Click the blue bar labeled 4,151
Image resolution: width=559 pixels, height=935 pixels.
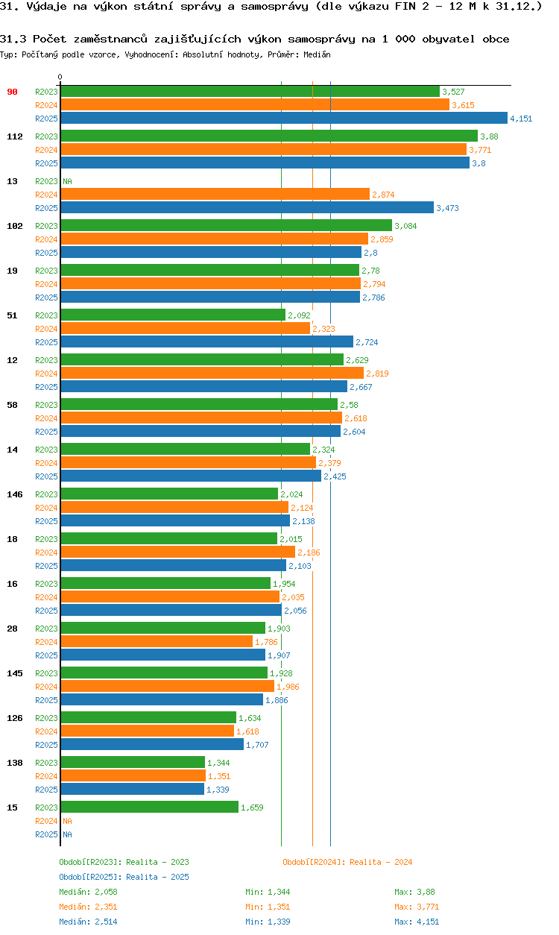[283, 118]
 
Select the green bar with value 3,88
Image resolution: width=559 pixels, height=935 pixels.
[268, 136]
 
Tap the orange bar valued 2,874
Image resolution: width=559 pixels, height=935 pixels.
[215, 194]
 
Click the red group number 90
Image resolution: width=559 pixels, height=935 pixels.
[12, 92]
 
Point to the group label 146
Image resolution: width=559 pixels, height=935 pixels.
[14, 494]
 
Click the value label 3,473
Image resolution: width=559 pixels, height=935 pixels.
[447, 208]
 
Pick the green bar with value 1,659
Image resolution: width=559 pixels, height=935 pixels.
[149, 807]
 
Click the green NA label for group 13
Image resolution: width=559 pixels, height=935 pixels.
[67, 181]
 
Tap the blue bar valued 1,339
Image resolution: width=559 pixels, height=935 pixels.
[132, 789]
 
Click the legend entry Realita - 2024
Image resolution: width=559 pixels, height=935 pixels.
[347, 862]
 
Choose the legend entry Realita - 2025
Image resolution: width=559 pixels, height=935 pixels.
[124, 877]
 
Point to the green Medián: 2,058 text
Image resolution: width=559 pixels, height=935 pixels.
[88, 892]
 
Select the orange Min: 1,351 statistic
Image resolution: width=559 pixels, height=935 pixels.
[268, 907]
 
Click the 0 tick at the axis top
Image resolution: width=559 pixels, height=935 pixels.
[60, 78]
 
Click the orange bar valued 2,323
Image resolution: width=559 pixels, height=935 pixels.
[185, 328]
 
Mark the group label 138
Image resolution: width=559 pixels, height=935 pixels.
[14, 763]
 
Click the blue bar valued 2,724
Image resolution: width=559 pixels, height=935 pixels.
[206, 341]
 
